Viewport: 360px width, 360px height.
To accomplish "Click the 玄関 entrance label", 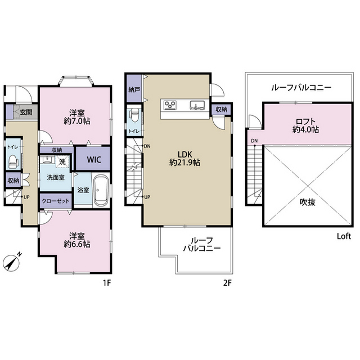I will [26, 112].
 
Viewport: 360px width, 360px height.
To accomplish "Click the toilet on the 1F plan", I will [12, 160].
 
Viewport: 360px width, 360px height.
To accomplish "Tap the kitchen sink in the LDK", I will [197, 105].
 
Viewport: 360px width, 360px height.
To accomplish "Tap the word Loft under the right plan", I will [344, 237].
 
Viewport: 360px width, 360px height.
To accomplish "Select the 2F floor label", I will [227, 283].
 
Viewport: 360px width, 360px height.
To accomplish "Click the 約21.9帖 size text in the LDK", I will [186, 163].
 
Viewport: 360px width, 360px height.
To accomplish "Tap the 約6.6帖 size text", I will [77, 244].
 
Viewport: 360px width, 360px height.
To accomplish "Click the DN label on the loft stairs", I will [254, 141].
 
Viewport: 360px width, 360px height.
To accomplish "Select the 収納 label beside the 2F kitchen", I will [221, 110].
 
